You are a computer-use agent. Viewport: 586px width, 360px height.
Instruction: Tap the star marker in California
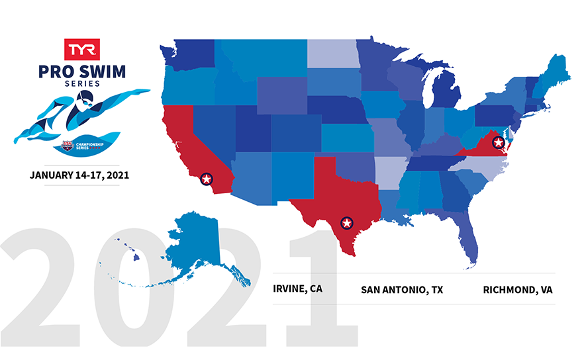pos(206,178)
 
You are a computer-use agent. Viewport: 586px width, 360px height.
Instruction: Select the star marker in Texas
pos(346,222)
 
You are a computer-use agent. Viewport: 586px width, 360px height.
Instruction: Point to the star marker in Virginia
pos(499,142)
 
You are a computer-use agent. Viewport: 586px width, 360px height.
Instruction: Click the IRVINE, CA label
pos(298,289)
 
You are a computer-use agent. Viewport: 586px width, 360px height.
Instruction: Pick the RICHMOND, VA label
pos(518,290)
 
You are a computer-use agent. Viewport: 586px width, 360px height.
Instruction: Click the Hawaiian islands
pos(129,249)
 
